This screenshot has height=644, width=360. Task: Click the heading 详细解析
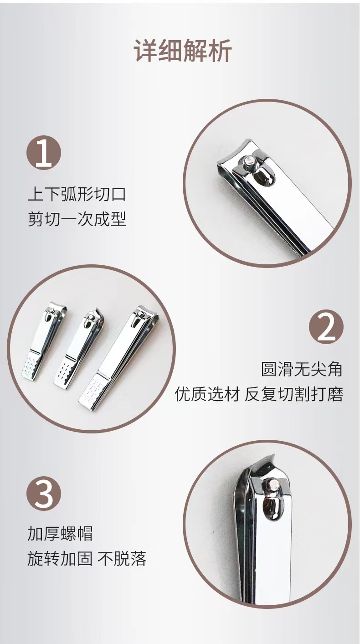[x=183, y=51]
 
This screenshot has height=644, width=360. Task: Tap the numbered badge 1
[x=44, y=152]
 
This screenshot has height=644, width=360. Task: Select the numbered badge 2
[x=326, y=327]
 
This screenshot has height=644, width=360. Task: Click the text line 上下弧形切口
[x=77, y=194]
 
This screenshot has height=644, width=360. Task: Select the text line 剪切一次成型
[x=77, y=219]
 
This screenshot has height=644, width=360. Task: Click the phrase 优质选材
[x=207, y=394]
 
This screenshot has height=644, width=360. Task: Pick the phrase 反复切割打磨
[x=294, y=394]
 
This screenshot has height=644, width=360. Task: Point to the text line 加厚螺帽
[x=60, y=534]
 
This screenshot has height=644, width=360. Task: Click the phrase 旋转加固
[x=60, y=559]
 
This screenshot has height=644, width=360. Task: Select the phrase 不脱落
[x=122, y=559]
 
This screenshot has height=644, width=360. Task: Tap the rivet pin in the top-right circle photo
[x=249, y=160]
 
